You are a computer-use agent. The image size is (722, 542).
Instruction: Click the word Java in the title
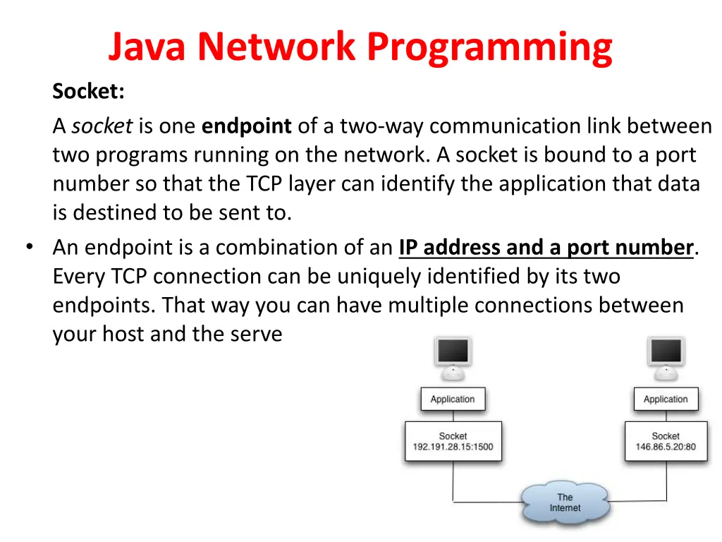pos(147,47)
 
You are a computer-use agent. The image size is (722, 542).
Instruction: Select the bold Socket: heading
pos(88,91)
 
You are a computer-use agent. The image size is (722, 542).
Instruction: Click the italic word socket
pos(102,126)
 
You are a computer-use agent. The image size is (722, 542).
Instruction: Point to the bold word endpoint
pos(246,126)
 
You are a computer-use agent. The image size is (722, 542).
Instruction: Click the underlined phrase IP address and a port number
pos(546,248)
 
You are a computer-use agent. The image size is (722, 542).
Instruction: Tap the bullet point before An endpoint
pos(30,246)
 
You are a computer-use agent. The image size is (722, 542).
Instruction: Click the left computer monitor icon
pos(453,358)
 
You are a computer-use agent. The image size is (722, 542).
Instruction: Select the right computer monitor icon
pos(666,358)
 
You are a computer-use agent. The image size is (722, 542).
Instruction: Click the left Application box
pos(453,399)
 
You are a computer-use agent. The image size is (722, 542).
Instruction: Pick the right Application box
pos(666,399)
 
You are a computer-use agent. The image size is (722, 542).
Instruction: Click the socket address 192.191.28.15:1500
pos(453,447)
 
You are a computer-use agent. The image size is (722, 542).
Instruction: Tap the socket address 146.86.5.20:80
pos(666,447)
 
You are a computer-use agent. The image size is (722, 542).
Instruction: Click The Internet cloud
pos(565,502)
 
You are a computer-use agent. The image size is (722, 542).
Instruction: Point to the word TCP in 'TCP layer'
pos(264,184)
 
